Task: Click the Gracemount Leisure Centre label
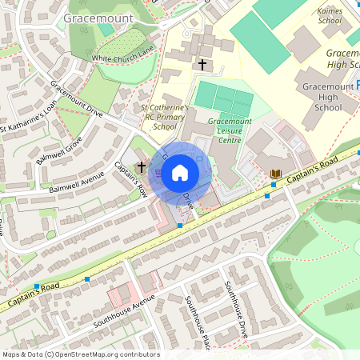pos(224,130)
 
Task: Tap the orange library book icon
pos(277,174)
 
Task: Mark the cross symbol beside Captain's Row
pos(142,167)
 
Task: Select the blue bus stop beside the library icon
pos(272,185)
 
